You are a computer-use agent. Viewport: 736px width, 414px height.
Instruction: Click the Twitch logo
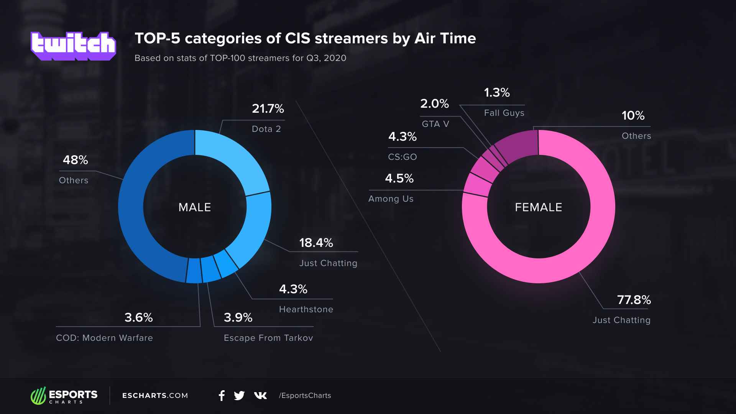click(x=73, y=46)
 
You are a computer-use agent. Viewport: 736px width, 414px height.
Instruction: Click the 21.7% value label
click(x=268, y=108)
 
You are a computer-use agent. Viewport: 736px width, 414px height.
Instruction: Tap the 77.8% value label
click(x=634, y=300)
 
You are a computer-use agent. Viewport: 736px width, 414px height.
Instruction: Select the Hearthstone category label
click(x=306, y=309)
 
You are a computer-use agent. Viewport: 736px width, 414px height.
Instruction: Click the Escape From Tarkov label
click(x=268, y=338)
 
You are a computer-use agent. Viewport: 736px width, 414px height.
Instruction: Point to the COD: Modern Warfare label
click(x=104, y=338)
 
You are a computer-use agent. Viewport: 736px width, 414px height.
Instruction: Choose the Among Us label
click(x=391, y=199)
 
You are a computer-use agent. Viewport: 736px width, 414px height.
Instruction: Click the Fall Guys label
click(x=504, y=113)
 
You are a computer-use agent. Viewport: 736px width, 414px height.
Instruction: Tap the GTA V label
click(x=435, y=124)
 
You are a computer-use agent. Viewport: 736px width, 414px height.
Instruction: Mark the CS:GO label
click(x=402, y=157)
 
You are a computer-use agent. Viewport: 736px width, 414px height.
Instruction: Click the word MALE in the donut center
click(x=195, y=207)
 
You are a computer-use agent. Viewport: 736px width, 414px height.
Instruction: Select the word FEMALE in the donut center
click(x=539, y=207)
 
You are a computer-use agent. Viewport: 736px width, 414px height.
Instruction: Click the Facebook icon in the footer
click(x=222, y=396)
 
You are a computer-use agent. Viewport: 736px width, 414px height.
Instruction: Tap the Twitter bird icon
click(x=239, y=396)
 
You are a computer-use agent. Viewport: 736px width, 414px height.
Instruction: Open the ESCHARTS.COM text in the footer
click(x=155, y=396)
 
